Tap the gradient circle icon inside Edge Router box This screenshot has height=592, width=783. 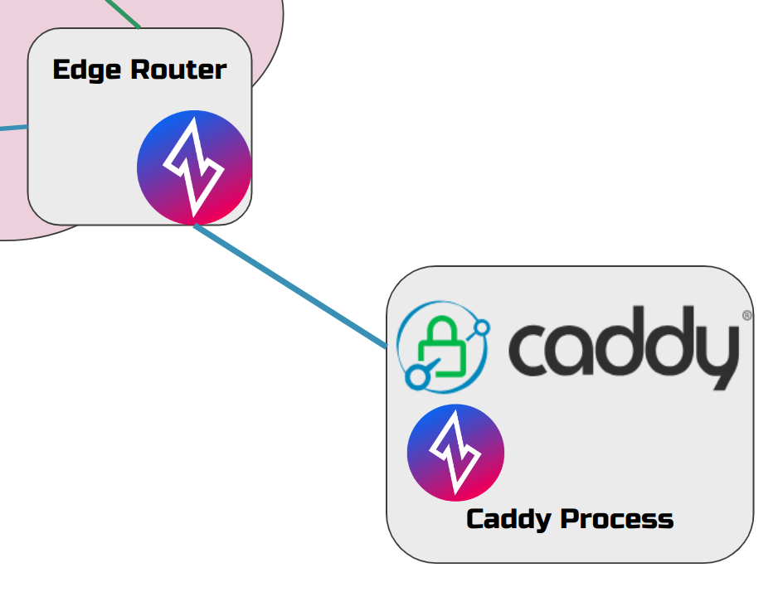194,167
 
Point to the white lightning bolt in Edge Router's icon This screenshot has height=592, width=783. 193,166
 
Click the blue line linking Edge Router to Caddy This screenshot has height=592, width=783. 290,285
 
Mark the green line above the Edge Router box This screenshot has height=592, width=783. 124,13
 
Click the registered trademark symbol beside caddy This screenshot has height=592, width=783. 747,316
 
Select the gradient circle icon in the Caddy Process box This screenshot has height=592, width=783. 455,453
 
